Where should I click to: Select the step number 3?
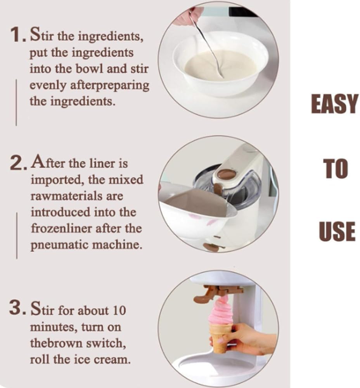click(17, 309)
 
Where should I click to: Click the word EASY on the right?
click(334, 104)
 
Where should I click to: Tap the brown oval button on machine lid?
click(227, 174)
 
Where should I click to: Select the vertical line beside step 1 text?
click(16, 102)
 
